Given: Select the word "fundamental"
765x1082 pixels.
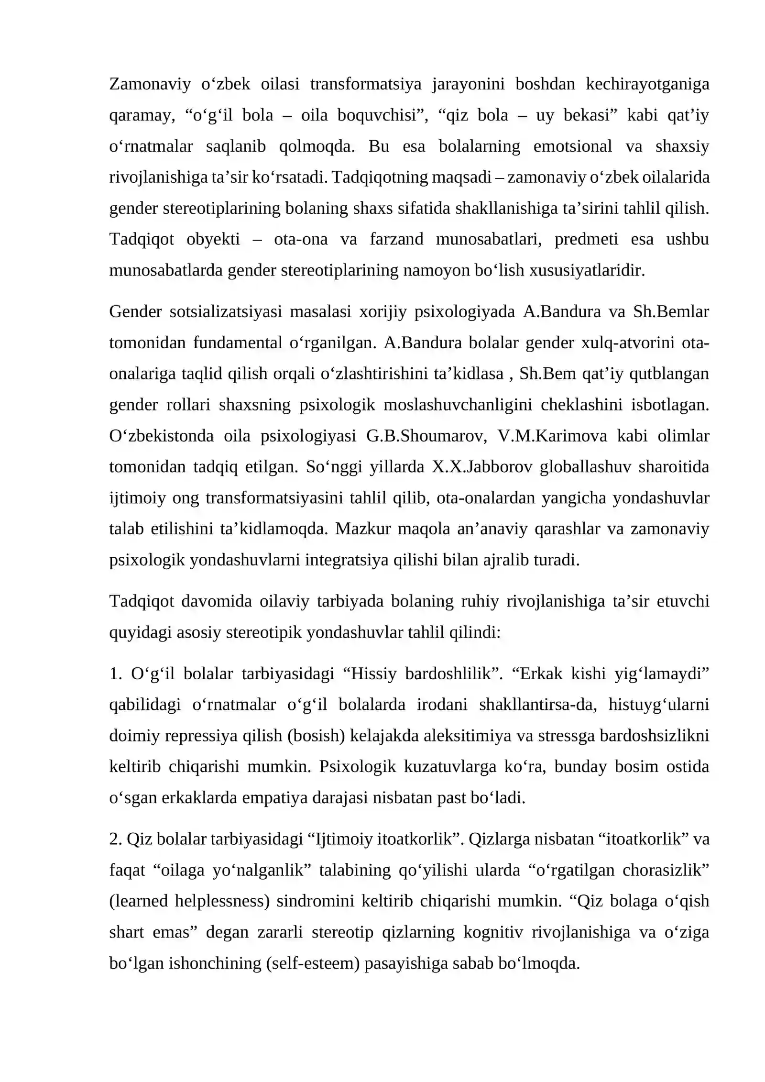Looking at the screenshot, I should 237,343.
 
